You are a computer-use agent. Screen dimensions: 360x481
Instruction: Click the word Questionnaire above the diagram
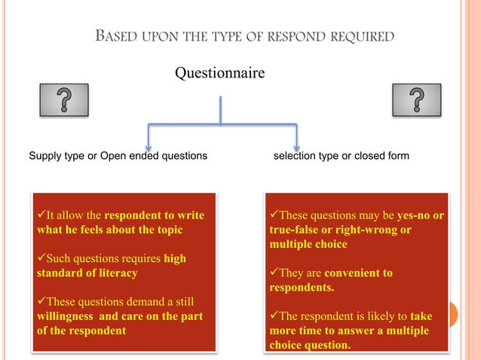point(219,74)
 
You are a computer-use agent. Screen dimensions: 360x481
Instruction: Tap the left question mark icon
point(64,99)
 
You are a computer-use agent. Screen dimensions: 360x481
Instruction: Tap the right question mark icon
point(416,99)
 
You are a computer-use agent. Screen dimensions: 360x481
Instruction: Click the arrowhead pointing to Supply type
point(149,143)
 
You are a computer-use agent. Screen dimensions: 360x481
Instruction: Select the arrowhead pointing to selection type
point(296,143)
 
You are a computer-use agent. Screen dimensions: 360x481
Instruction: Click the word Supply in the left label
point(45,156)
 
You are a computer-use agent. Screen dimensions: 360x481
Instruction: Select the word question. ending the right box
point(323,346)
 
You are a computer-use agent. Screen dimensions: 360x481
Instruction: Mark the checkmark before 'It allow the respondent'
point(41,216)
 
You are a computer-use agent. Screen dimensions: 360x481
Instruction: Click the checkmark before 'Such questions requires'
point(41,259)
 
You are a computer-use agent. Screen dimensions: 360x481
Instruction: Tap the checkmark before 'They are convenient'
point(274,273)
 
